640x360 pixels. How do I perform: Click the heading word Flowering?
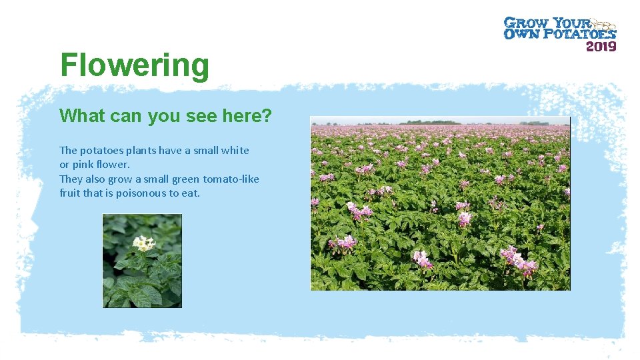coord(135,65)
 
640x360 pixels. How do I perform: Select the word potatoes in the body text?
coord(102,151)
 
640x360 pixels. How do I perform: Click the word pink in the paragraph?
coord(85,165)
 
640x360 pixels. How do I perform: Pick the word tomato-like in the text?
coord(231,179)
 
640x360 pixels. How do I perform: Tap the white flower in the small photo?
coord(143,243)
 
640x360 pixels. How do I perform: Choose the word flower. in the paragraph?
coord(114,165)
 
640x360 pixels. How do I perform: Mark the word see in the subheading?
coord(194,116)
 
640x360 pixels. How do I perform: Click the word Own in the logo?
coord(521,33)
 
